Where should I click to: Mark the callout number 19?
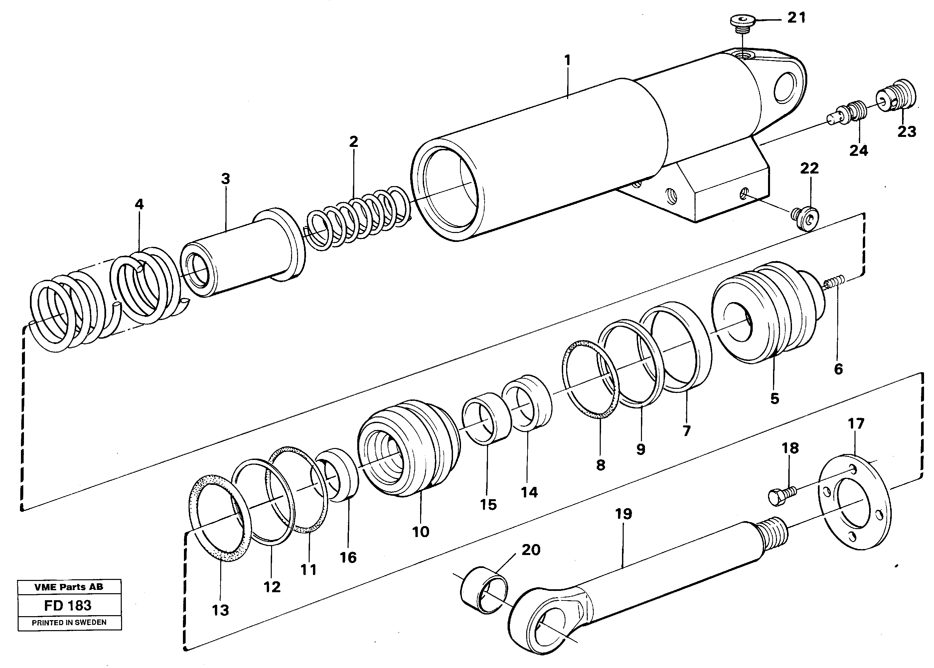coord(623,514)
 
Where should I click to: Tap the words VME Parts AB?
coord(69,587)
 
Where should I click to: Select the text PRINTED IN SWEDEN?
coord(69,622)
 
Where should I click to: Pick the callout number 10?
coord(420,532)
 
